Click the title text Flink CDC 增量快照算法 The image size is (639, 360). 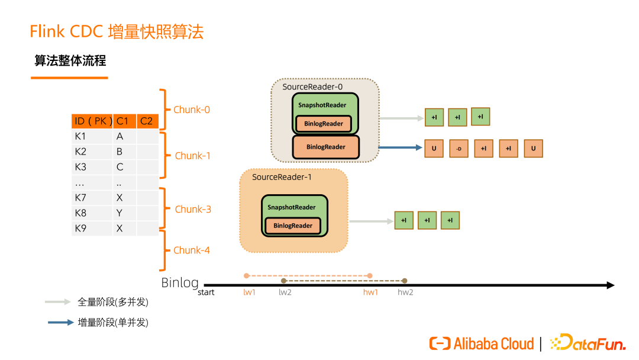[117, 32]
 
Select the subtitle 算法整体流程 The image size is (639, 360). [70, 61]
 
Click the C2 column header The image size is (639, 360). [146, 121]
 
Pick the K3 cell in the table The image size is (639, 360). [80, 167]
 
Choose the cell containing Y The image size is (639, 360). [120, 213]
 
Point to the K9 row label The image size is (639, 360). [80, 228]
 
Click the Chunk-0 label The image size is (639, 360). [191, 110]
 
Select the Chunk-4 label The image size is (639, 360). [191, 250]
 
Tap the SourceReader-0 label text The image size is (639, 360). [312, 87]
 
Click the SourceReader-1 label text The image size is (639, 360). [282, 177]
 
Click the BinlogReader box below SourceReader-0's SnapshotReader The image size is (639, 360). [326, 147]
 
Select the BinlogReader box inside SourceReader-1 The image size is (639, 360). [293, 226]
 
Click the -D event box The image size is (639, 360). [459, 149]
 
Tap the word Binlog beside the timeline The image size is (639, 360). [180, 282]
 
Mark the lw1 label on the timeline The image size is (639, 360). [249, 292]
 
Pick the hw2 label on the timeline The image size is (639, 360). [405, 292]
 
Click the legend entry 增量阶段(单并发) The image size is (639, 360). [113, 323]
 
